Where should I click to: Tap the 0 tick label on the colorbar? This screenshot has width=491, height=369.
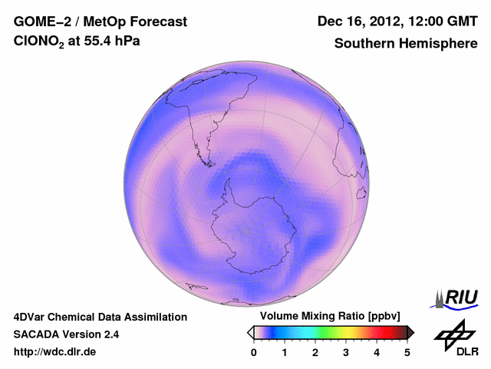pos(254,351)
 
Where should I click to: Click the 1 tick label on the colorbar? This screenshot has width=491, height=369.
pos(285,351)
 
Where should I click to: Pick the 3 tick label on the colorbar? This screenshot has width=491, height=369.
pos(346,351)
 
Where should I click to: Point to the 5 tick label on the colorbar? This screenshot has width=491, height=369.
pos(407,351)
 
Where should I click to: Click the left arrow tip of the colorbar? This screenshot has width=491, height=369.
pos(250,332)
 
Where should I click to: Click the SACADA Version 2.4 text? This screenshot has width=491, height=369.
pos(66,334)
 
